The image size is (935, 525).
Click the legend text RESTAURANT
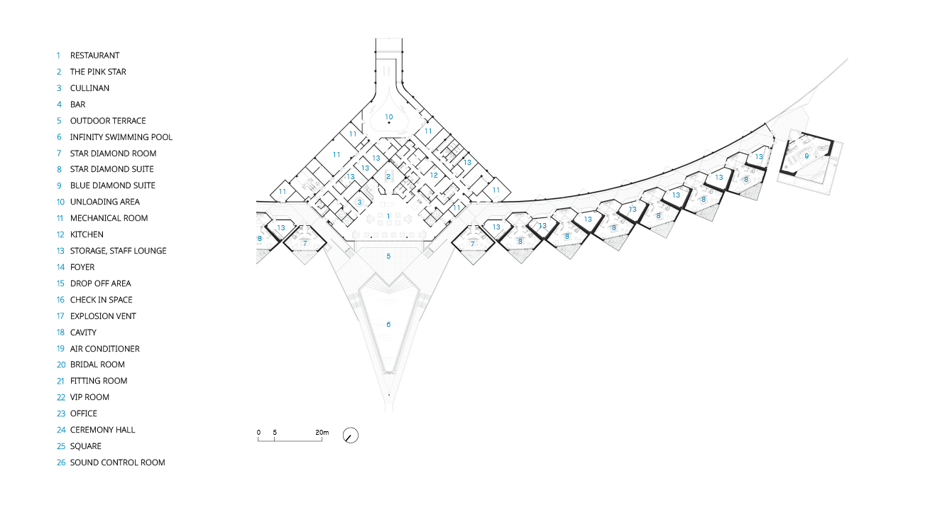coord(94,55)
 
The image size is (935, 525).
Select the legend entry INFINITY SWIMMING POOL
coord(121,137)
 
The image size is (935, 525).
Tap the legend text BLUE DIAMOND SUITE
coord(113,185)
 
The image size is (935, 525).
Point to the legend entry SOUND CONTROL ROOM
coord(118,462)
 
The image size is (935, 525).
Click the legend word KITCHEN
coord(87,234)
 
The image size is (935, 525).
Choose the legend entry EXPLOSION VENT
coord(103,316)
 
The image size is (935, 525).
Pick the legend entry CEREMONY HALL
coord(103,430)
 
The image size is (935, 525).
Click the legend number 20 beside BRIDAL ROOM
coord(61,364)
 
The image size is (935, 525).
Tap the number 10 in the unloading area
coord(389,117)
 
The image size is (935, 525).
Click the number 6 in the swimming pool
coord(388,324)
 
